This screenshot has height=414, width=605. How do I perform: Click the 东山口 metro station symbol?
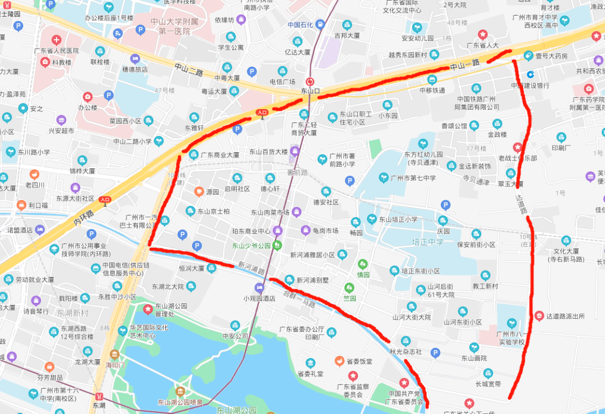pyautogui.click(x=310, y=81)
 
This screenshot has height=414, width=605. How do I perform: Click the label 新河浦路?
pyautogui.click(x=250, y=267)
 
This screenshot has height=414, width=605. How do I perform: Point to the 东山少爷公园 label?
pyautogui.click(x=252, y=246)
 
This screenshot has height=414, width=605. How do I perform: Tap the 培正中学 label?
pyautogui.click(x=427, y=242)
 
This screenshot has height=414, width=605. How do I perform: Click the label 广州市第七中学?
pyautogui.click(x=413, y=178)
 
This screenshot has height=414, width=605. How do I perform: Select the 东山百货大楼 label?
pyautogui.click(x=268, y=152)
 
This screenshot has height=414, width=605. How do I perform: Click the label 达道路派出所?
pyautogui.click(x=565, y=316)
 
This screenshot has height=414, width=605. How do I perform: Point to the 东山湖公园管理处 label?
pyautogui.click(x=171, y=310)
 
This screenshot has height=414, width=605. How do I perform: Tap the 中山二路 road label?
pyautogui.click(x=188, y=70)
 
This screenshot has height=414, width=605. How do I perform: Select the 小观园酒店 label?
pyautogui.click(x=259, y=298)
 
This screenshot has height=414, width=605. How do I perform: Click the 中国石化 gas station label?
pyautogui.click(x=300, y=25)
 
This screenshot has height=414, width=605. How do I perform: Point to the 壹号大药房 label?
pyautogui.click(x=552, y=56)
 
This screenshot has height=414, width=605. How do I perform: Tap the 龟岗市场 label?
pyautogui.click(x=325, y=230)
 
